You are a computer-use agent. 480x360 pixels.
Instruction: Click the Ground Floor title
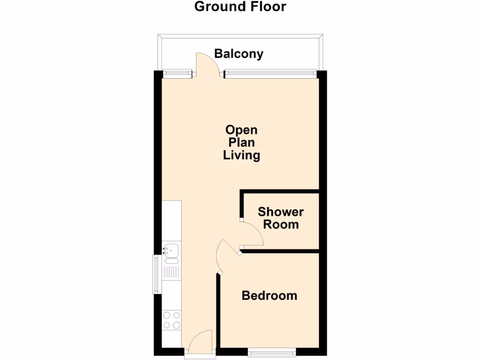[x=240, y=7]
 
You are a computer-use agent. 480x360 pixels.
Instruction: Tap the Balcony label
[x=239, y=54]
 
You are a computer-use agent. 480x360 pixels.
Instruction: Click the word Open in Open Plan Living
[x=241, y=130]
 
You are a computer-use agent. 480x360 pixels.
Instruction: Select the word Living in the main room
[x=241, y=155]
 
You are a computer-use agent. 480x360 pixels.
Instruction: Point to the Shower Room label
[x=280, y=218]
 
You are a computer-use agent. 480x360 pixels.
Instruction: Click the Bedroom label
[x=269, y=296]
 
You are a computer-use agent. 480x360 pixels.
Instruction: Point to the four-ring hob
[x=172, y=320]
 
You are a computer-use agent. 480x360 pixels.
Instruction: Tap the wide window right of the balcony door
[x=271, y=73]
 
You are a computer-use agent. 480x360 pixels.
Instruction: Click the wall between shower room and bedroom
[x=281, y=252]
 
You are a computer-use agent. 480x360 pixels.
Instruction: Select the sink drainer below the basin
[x=172, y=270]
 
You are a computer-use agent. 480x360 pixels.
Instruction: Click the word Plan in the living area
[x=241, y=142]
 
